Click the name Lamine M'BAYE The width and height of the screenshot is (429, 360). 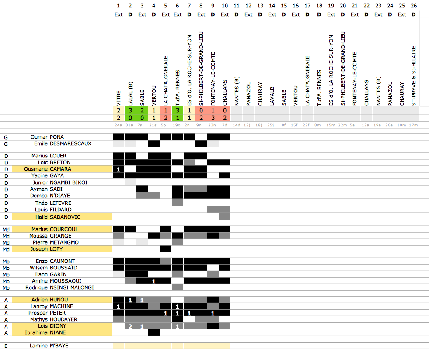point(49,346)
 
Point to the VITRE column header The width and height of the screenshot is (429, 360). point(119,101)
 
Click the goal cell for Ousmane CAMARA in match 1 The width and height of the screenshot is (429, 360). point(119,169)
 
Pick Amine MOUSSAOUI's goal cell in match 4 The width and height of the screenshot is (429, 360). point(154,281)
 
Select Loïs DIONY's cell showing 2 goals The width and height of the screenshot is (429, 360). point(130,326)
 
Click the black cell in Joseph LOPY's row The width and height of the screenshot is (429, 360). point(166,249)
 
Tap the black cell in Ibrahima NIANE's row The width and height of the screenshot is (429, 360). point(154,332)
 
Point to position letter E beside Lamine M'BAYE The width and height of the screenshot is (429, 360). point(6,346)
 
